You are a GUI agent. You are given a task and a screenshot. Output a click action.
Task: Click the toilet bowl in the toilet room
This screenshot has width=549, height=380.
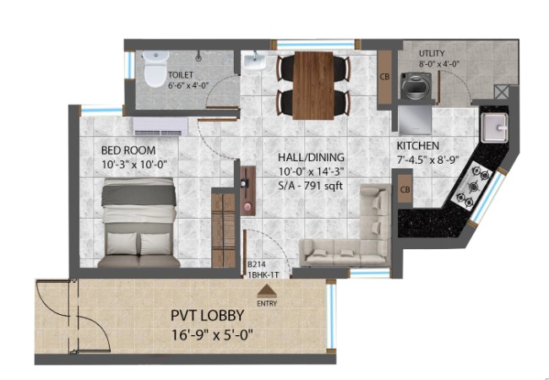pyautogui.click(x=155, y=69)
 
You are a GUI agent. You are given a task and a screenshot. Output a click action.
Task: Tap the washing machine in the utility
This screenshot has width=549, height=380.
pyautogui.click(x=416, y=86)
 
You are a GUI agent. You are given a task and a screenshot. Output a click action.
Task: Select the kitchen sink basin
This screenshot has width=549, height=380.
pyautogui.click(x=494, y=128)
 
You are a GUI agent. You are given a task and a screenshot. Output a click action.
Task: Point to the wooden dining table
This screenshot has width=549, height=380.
pyautogui.click(x=313, y=85)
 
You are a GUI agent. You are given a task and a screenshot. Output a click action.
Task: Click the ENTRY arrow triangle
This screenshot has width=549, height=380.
pyautogui.click(x=267, y=290)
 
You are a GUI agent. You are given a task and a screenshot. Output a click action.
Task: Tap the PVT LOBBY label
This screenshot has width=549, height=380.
pyautogui.click(x=207, y=315)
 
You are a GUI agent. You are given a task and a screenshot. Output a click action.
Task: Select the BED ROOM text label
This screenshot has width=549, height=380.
pyautogui.click(x=128, y=150)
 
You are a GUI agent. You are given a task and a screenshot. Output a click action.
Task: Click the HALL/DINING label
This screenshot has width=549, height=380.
pyautogui.click(x=311, y=157)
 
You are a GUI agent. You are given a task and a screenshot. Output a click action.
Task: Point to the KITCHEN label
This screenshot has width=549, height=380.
pyautogui.click(x=418, y=145)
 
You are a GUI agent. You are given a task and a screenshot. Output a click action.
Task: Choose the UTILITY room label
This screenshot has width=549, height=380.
pyautogui.click(x=432, y=53)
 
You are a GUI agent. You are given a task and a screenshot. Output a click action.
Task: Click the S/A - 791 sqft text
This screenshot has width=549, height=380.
pyautogui.click(x=310, y=185)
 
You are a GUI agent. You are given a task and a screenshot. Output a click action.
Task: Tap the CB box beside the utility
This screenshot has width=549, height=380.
pyautogui.click(x=384, y=78)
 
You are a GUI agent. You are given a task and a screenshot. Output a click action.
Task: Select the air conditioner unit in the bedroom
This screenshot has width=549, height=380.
pyautogui.click(x=160, y=127)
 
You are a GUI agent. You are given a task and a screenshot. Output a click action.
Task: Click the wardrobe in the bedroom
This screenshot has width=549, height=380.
pyautogui.click(x=223, y=229)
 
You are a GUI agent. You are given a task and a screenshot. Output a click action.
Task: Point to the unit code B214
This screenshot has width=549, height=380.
pyautogui.click(x=255, y=265)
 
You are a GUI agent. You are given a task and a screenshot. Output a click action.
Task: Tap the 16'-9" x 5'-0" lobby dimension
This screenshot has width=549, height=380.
pyautogui.click(x=212, y=335)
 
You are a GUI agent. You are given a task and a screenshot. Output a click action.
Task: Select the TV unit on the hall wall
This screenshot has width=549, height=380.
pyautogui.click(x=247, y=192)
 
